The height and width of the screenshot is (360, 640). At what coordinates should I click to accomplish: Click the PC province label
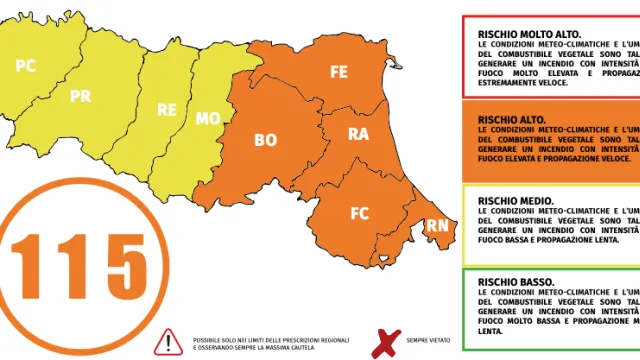coord(26,65)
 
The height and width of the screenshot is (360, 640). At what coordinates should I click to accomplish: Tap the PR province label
coord(81,96)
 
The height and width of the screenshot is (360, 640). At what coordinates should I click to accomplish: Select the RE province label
coord(167,110)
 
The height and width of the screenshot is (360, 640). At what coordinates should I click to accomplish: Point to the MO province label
coord(208,118)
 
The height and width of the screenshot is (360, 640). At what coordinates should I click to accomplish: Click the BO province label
coord(265,140)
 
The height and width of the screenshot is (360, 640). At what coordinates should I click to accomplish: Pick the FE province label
coord(339,71)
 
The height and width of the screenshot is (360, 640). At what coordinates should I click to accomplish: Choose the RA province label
coord(358,133)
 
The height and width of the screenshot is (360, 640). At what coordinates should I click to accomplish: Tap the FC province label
coord(360,213)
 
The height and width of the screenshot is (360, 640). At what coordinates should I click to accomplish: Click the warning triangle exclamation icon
coord(164,342)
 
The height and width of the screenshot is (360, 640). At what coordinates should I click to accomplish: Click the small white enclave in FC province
coord(381,261)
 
